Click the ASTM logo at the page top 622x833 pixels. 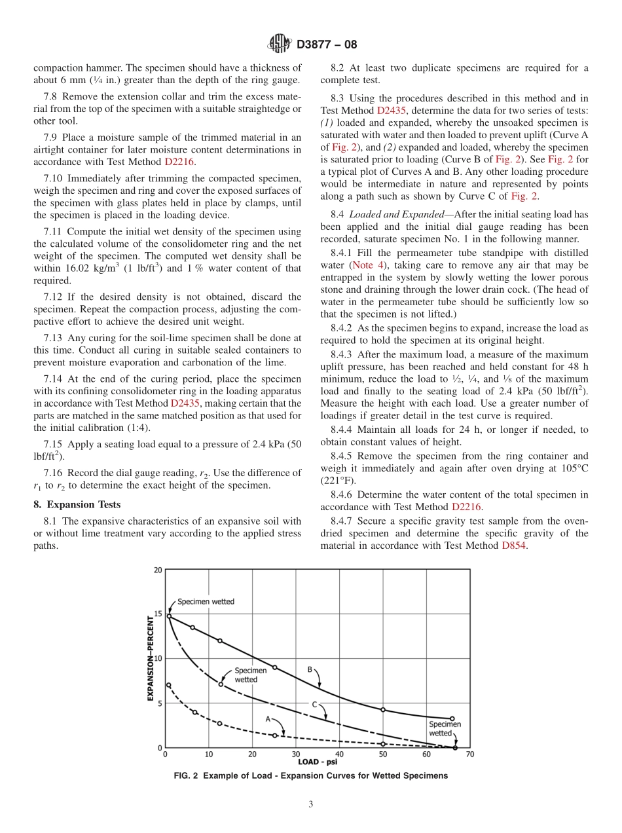pos(280,45)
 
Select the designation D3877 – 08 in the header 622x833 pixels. pos(327,45)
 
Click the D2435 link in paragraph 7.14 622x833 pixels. pos(185,403)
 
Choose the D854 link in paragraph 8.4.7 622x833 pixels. pos(514,545)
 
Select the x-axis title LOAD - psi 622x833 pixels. pos(318,762)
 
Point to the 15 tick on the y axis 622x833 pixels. pos(158,614)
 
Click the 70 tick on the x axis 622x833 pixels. pos(469,754)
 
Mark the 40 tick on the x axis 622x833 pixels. pos(339,754)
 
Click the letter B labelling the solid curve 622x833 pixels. pos(310,669)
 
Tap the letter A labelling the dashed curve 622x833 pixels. pos(268,718)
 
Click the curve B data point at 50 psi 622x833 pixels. pos(383,710)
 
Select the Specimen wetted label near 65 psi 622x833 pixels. pos(445,729)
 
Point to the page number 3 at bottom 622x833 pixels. pos(311,805)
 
